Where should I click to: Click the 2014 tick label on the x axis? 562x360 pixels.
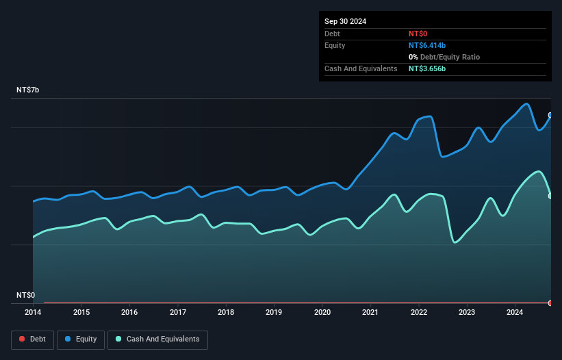point(33,313)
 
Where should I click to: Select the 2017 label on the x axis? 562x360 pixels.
point(177,313)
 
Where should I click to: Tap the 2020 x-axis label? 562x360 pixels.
point(322,313)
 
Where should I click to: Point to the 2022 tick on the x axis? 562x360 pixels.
point(419,313)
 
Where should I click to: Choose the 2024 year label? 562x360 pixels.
point(515,313)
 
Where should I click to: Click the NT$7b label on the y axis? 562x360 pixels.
point(29,90)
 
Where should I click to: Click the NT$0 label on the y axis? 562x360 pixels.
point(26,295)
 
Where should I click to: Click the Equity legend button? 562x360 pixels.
point(81,339)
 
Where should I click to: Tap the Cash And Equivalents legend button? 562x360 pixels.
point(157,339)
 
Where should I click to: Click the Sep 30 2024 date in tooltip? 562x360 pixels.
point(345,21)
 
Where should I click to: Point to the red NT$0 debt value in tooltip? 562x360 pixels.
point(418,34)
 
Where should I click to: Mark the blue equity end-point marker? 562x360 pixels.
point(550,115)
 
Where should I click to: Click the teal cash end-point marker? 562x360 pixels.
point(550,196)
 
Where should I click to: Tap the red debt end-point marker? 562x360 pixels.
point(550,303)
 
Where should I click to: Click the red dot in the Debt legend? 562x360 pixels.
point(22,339)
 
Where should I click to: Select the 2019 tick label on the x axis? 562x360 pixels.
point(274,313)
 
